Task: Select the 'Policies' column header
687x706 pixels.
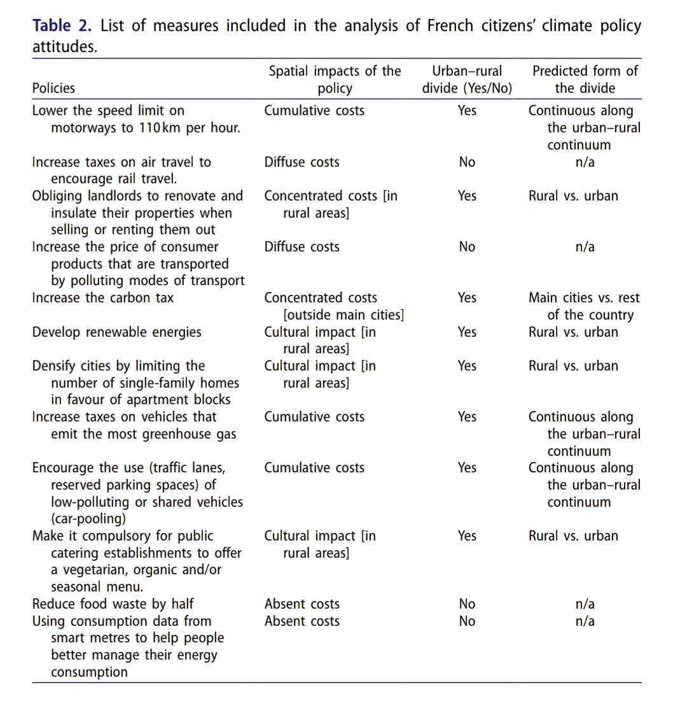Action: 53,88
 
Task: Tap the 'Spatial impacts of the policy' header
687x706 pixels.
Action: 335,80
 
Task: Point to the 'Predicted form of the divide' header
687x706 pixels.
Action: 585,80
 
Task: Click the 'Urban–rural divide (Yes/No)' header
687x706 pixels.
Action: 467,80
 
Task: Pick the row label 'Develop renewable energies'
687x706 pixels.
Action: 116,332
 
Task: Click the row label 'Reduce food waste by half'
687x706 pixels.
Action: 113,604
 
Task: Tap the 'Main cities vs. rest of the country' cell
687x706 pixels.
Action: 584,306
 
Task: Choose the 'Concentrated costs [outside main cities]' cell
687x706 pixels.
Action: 335,306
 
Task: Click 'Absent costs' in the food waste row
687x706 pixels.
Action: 302,604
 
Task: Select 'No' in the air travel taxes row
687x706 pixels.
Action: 467,162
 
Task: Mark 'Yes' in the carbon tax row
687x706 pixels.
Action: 467,298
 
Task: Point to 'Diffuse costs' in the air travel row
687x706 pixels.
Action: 302,162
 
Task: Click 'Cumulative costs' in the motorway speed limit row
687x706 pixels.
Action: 314,111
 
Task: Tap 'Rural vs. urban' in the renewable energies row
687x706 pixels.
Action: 573,332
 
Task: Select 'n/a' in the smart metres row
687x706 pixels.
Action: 585,621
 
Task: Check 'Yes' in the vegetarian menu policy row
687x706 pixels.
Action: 467,536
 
